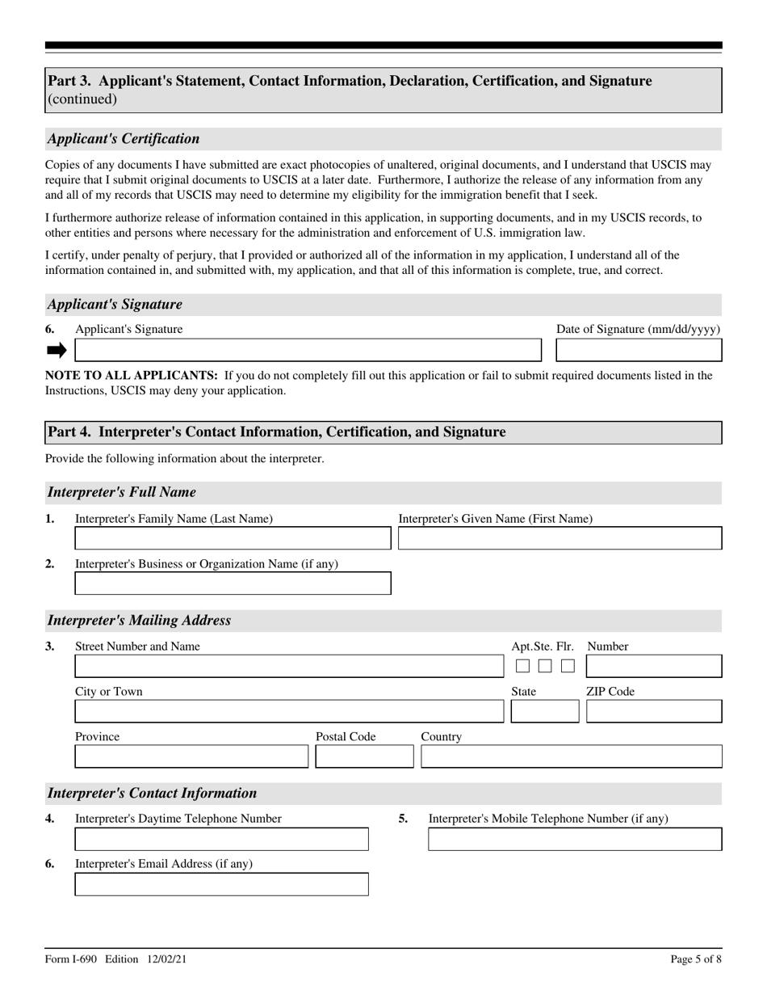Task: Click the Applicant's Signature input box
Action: click(x=308, y=350)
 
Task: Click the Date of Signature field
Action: click(x=639, y=350)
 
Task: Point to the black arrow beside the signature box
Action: click(x=57, y=350)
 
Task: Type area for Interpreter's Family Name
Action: click(x=233, y=538)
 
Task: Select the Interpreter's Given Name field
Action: click(x=560, y=538)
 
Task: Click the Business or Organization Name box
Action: click(x=233, y=583)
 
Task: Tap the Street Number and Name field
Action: click(x=289, y=667)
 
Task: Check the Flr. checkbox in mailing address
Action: click(x=568, y=667)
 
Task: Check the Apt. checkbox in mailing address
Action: click(x=522, y=667)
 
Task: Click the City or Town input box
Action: click(x=289, y=711)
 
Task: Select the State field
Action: click(x=545, y=711)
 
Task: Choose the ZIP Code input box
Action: click(x=654, y=711)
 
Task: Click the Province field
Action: click(x=191, y=756)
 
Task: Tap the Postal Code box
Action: click(x=364, y=756)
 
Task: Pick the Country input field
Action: click(x=572, y=756)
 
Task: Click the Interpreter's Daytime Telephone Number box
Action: click(x=221, y=840)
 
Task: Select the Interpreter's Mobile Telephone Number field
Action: click(x=575, y=840)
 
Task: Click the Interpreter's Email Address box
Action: click(x=221, y=884)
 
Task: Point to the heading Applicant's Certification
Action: click(x=124, y=139)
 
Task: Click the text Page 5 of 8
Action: click(x=696, y=959)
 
